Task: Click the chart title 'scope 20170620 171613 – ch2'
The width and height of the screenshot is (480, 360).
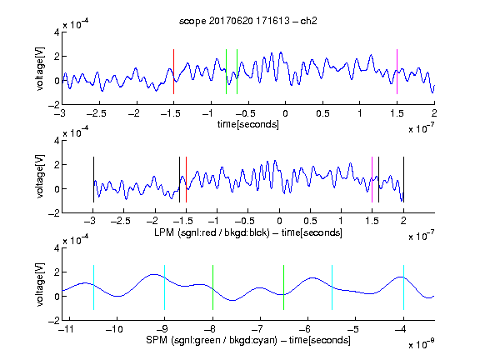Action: [248, 21]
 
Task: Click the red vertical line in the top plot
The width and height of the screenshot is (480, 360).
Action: [173, 72]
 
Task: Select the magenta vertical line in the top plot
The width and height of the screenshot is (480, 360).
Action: [397, 72]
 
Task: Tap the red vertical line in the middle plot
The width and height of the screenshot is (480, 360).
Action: [186, 179]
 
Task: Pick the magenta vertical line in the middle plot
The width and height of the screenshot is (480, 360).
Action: [372, 179]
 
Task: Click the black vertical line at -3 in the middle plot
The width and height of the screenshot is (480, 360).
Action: [93, 179]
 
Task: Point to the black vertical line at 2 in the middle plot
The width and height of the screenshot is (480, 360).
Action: [403, 179]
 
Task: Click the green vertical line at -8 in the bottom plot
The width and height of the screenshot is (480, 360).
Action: [212, 287]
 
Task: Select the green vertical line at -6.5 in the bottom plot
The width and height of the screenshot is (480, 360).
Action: [284, 287]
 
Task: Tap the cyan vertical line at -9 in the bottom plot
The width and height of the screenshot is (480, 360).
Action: [165, 287]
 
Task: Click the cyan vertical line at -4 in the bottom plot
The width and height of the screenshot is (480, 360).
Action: [403, 287]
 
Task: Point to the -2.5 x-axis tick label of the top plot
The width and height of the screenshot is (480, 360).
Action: [97, 113]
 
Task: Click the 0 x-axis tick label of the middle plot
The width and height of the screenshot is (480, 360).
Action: [279, 221]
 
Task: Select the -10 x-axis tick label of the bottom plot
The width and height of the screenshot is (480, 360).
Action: [114, 329]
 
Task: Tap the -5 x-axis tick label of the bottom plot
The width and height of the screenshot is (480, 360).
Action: [355, 329]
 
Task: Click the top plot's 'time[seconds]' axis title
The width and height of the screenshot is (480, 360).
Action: [248, 124]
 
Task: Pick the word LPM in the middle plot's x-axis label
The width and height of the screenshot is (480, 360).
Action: [164, 232]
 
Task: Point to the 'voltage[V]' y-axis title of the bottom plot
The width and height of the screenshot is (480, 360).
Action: [40, 284]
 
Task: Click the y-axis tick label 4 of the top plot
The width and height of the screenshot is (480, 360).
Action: [57, 32]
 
